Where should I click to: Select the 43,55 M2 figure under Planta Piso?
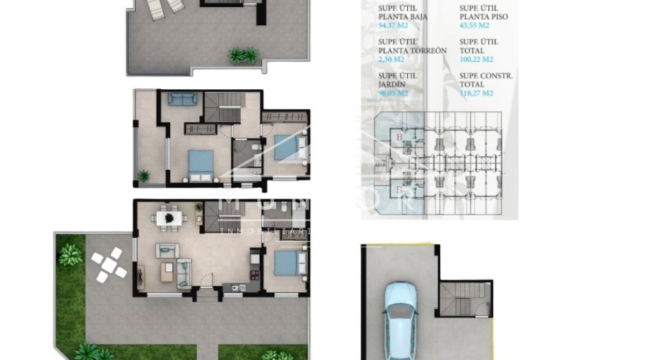(x=474, y=25)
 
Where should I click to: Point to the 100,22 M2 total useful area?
(x=476, y=59)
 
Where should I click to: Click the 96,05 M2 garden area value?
(x=393, y=93)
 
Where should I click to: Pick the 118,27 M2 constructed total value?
(x=476, y=93)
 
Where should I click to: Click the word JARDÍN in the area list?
(x=391, y=85)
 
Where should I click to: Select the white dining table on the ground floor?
(x=169, y=218)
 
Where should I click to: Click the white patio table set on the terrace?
(x=109, y=265)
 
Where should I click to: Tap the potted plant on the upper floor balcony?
(x=143, y=176)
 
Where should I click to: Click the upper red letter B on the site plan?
(x=400, y=137)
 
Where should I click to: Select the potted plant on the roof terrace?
(x=243, y=55)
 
